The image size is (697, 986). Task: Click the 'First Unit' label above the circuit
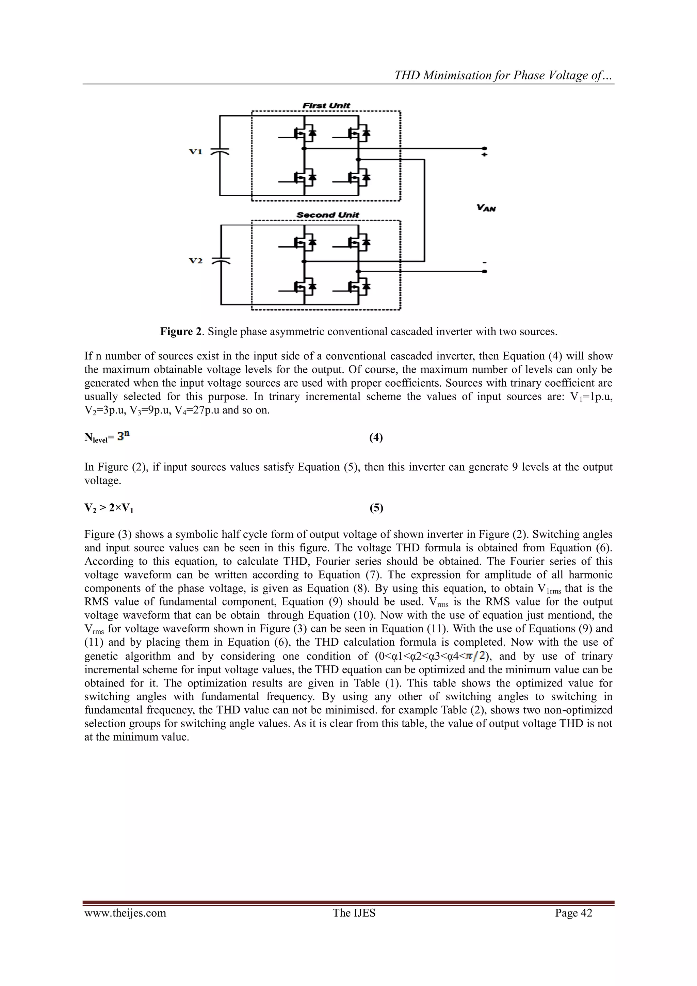[326, 106]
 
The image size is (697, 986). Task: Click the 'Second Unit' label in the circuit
[328, 215]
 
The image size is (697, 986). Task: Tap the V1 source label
[196, 151]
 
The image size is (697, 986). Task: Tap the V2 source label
[196, 261]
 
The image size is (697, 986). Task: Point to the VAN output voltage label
[486, 208]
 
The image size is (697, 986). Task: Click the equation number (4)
[376, 438]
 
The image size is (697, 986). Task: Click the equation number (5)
[376, 508]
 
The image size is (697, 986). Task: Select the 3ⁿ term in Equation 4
[123, 436]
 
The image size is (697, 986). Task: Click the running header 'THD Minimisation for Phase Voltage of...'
[504, 76]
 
